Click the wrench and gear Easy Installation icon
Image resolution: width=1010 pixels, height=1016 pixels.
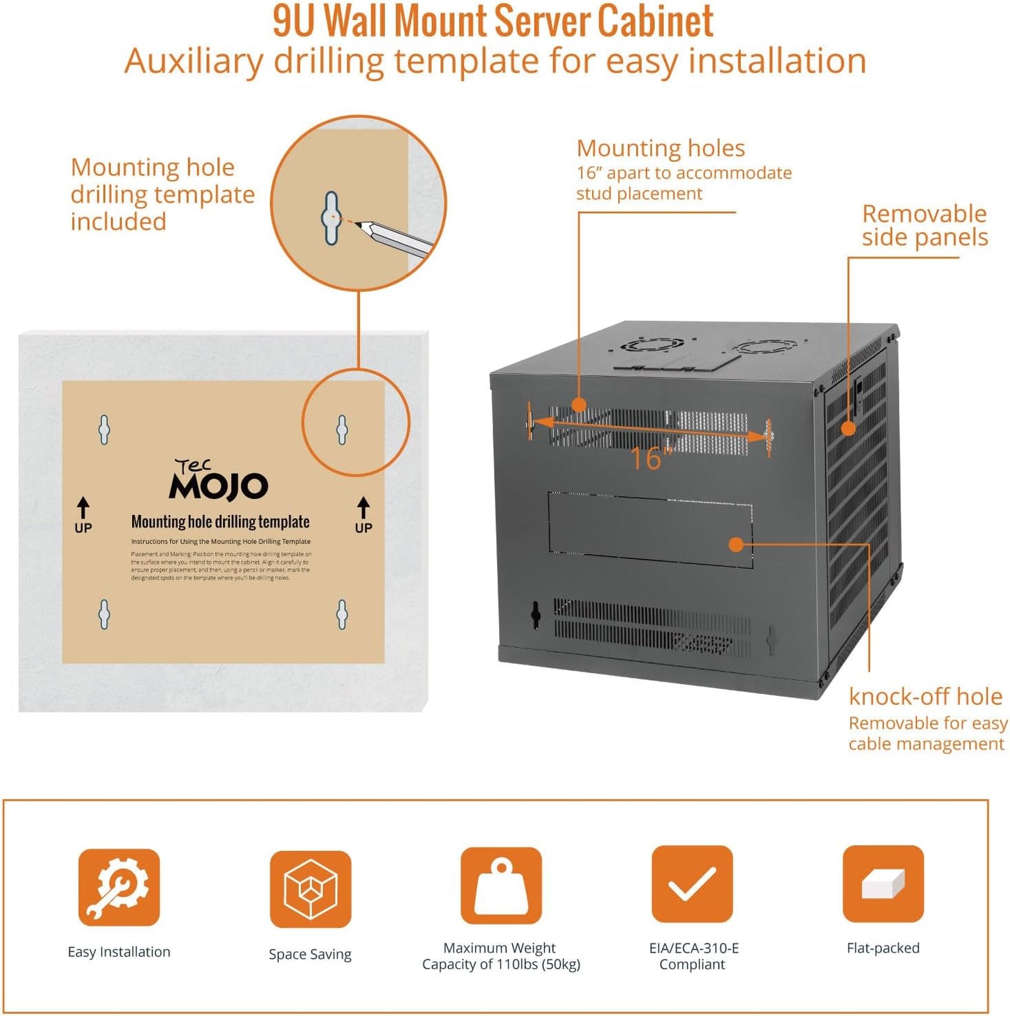point(119,887)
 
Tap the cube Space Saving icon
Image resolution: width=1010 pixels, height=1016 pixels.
point(310,889)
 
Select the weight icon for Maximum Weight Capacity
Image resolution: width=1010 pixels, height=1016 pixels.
point(500,885)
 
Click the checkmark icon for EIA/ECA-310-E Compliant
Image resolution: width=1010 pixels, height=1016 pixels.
point(692,884)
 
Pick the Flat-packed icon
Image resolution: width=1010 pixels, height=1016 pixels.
point(883,883)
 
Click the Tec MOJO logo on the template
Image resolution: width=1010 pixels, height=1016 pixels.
point(218,481)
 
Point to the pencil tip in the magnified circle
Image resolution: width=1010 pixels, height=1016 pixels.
point(359,224)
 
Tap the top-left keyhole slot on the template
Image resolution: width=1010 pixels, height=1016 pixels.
point(104,429)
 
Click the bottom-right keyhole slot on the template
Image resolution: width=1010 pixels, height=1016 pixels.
point(342,614)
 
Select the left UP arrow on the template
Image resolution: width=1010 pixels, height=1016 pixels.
point(83,514)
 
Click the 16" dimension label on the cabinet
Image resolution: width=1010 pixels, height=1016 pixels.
point(650,458)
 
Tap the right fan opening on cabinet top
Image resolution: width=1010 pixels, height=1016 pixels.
point(767,347)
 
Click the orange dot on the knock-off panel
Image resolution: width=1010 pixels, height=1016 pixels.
point(735,544)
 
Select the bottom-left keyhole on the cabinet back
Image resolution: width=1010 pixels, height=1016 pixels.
point(535,614)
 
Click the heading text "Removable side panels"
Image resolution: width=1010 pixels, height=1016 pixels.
point(924,225)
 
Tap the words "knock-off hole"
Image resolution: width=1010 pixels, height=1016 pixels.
point(925,697)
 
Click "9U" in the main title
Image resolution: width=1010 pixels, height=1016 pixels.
point(294,21)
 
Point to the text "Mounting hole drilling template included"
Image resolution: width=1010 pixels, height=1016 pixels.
point(162,194)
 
